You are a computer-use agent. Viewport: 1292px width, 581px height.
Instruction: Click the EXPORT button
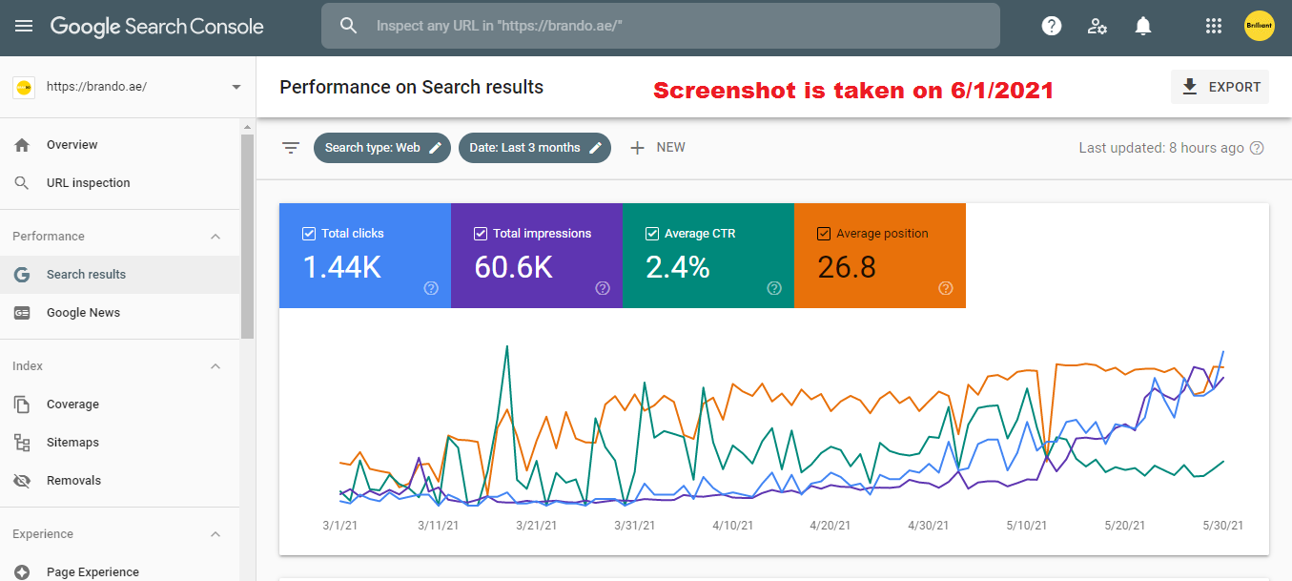[1220, 87]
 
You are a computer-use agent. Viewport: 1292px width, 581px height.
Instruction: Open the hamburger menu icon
[24, 26]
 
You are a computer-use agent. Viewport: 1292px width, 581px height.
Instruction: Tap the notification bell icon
[1143, 26]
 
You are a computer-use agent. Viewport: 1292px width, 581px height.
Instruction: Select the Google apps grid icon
[1214, 26]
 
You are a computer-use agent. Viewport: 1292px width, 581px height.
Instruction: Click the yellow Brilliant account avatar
[1260, 26]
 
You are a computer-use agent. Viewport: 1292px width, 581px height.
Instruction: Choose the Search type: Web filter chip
[381, 148]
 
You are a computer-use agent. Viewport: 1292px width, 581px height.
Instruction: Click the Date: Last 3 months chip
[534, 148]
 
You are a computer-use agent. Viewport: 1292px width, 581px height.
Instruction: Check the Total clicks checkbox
[309, 233]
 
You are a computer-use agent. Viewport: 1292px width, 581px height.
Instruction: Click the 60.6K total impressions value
[513, 267]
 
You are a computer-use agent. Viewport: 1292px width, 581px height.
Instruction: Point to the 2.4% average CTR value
[677, 267]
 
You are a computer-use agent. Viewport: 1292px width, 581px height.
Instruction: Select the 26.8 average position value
[847, 267]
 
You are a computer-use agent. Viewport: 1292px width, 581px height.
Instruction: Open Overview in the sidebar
[72, 145]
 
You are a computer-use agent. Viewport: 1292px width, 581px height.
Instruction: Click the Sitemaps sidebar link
[72, 443]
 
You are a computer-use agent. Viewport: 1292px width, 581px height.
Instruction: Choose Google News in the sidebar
[83, 313]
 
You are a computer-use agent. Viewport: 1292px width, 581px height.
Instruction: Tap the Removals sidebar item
[73, 481]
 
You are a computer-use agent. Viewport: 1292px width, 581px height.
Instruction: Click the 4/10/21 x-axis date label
[731, 526]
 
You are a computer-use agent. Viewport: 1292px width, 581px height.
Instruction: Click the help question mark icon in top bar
[1052, 26]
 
